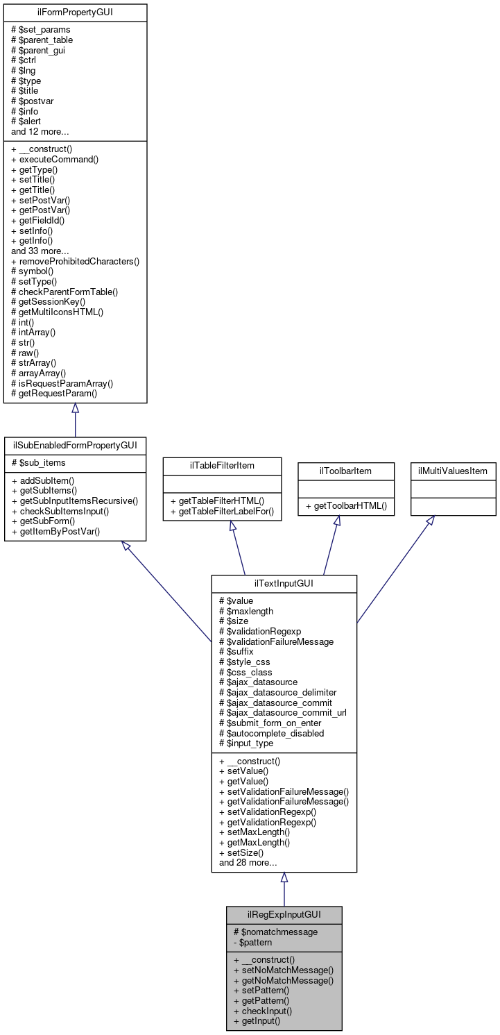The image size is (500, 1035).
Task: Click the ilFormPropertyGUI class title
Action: (76, 12)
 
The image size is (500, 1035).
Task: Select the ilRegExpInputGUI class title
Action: (284, 914)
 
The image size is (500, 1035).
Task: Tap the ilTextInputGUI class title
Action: (284, 583)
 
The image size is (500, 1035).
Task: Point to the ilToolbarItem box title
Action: (336, 471)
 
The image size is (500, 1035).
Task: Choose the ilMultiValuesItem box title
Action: (453, 471)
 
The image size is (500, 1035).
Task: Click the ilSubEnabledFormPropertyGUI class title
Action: (75, 444)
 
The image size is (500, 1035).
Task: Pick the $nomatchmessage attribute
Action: (275, 932)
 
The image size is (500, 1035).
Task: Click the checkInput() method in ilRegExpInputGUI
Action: (262, 1011)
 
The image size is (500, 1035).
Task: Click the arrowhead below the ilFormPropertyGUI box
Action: (75, 409)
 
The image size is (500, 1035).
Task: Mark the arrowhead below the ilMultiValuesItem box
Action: (429, 521)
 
